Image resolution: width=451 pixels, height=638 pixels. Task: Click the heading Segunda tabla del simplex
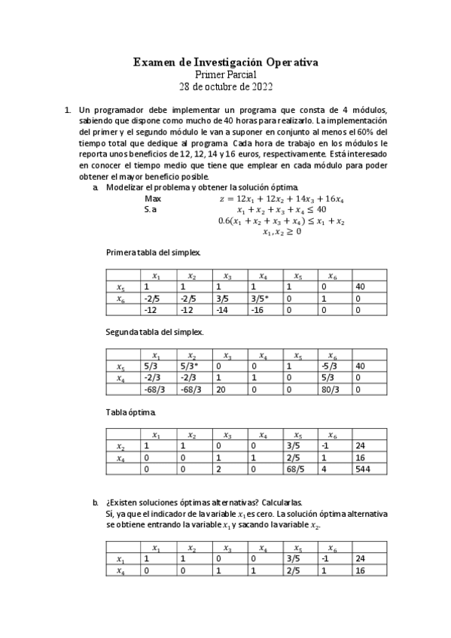[155, 331]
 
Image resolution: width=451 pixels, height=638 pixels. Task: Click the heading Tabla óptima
[131, 412]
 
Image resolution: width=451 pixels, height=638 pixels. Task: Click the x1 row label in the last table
[120, 559]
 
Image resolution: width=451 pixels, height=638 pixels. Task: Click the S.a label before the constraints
[151, 210]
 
